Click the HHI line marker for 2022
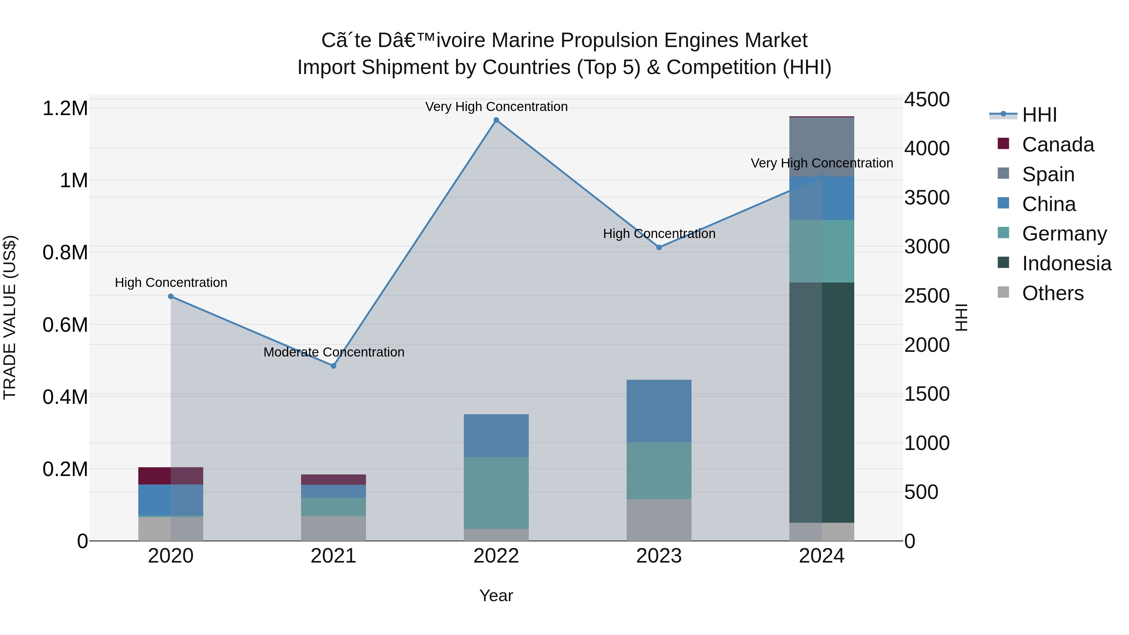[496, 120]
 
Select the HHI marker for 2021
[334, 366]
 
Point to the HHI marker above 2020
[171, 297]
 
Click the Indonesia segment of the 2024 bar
[822, 402]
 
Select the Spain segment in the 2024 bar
[822, 147]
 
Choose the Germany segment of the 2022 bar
[496, 493]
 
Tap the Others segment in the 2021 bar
[334, 528]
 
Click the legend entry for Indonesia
[1066, 263]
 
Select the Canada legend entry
[1057, 145]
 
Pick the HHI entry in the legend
[1039, 115]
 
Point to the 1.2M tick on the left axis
[65, 108]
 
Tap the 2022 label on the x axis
[496, 556]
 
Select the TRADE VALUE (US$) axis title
[10, 317]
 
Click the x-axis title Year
[496, 595]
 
